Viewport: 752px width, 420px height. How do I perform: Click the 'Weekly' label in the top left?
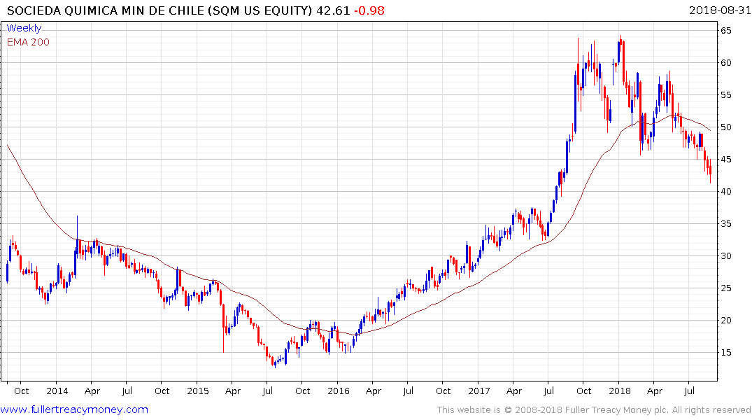pos(24,28)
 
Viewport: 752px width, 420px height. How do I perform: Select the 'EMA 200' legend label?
pos(28,42)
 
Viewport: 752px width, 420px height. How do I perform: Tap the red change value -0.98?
pos(369,10)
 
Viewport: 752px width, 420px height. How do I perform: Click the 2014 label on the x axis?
pos(57,391)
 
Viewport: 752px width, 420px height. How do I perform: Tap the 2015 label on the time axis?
pos(198,391)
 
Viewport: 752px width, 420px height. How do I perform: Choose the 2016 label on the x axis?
pos(339,391)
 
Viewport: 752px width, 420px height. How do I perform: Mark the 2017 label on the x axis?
pos(479,391)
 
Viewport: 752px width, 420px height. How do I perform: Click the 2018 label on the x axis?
pos(619,391)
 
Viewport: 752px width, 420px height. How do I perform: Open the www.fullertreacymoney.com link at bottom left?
pos(75,409)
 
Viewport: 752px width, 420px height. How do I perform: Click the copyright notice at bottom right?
pos(594,410)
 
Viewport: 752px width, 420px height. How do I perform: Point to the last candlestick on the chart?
pos(710,170)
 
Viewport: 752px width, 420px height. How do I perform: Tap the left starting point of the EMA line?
pos(7,145)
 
